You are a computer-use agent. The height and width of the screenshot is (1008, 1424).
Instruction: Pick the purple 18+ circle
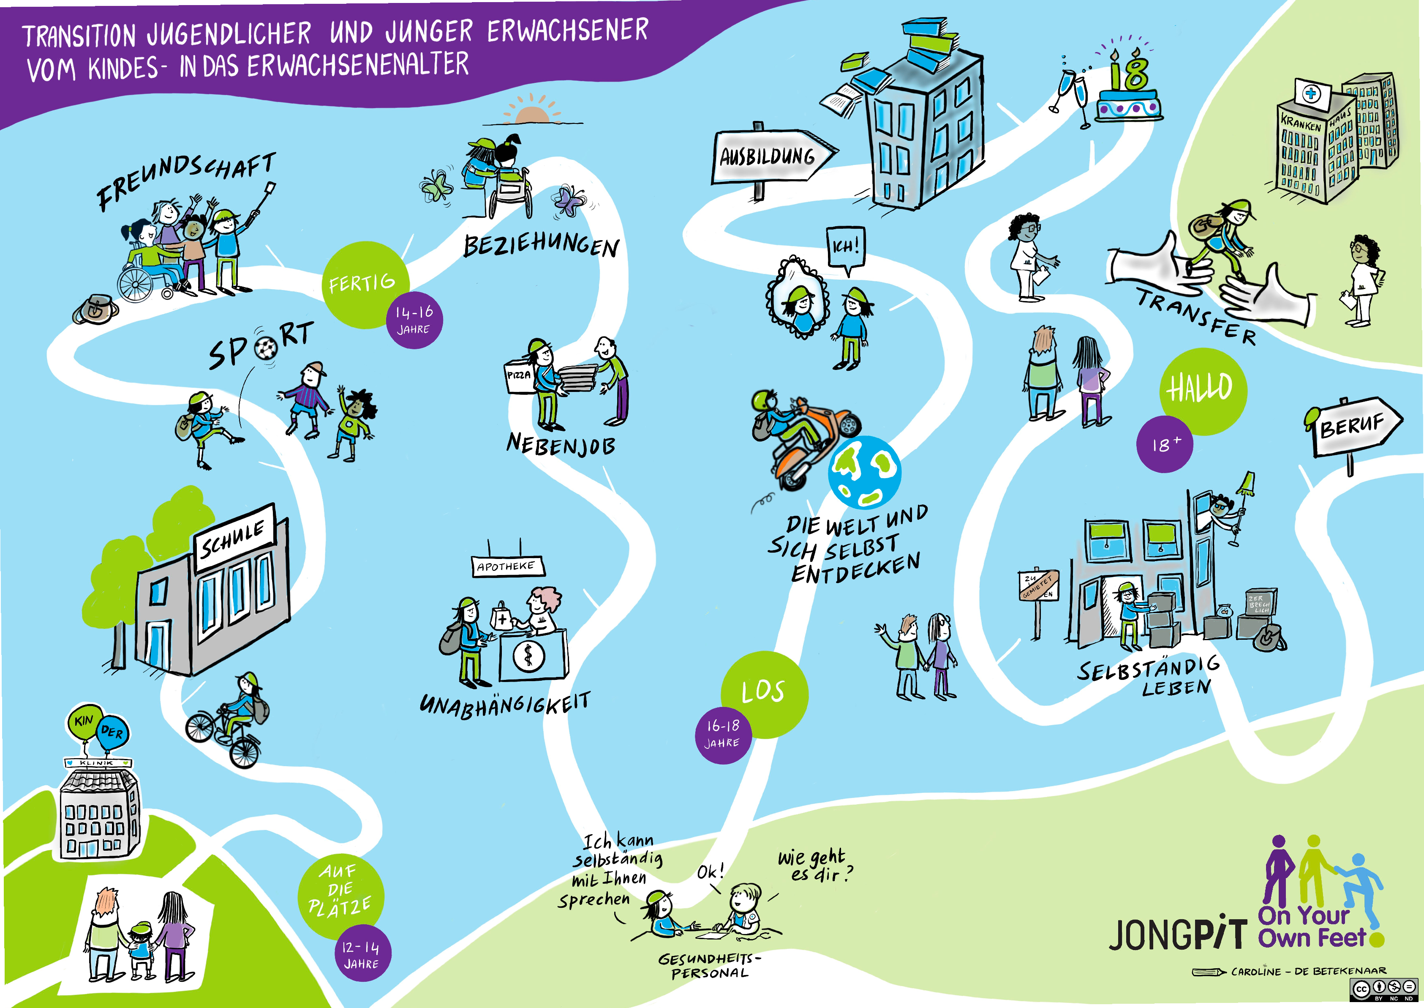tap(1165, 444)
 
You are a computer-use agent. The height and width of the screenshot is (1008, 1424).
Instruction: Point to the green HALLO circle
tap(1202, 389)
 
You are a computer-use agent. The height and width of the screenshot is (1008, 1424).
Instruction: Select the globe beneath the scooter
tap(863, 473)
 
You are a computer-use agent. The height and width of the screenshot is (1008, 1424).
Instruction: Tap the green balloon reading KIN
tap(84, 723)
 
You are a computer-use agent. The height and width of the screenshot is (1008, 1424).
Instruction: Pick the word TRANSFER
tap(1196, 317)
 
